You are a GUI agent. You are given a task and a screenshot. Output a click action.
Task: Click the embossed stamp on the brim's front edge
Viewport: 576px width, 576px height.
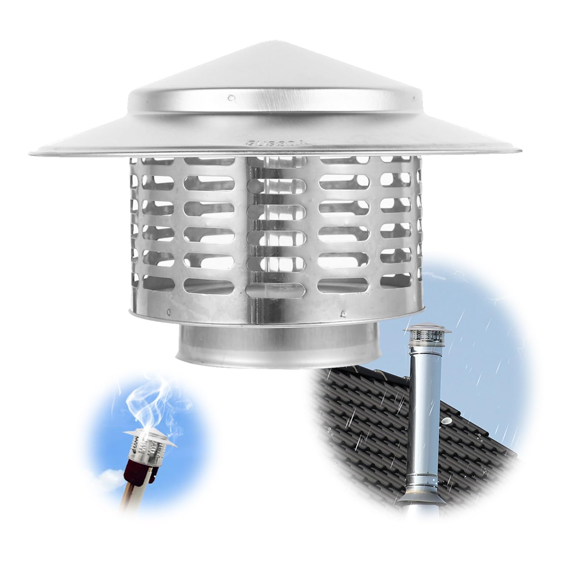tap(276, 143)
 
